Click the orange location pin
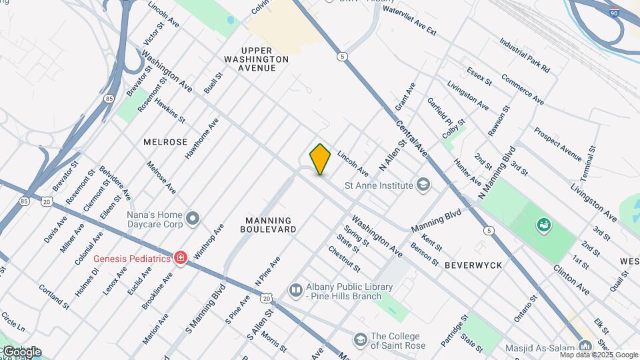pyautogui.click(x=320, y=159)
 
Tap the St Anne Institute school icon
pyautogui.click(x=423, y=185)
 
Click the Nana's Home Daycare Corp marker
pyautogui.click(x=193, y=217)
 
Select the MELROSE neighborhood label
pyautogui.click(x=165, y=143)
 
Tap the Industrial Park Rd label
pyautogui.click(x=525, y=55)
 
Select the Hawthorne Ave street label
pyautogui.click(x=201, y=138)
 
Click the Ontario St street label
pyautogui.click(x=525, y=309)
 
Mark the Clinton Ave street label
pyautogui.click(x=571, y=280)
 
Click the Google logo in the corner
pyautogui.click(x=21, y=352)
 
